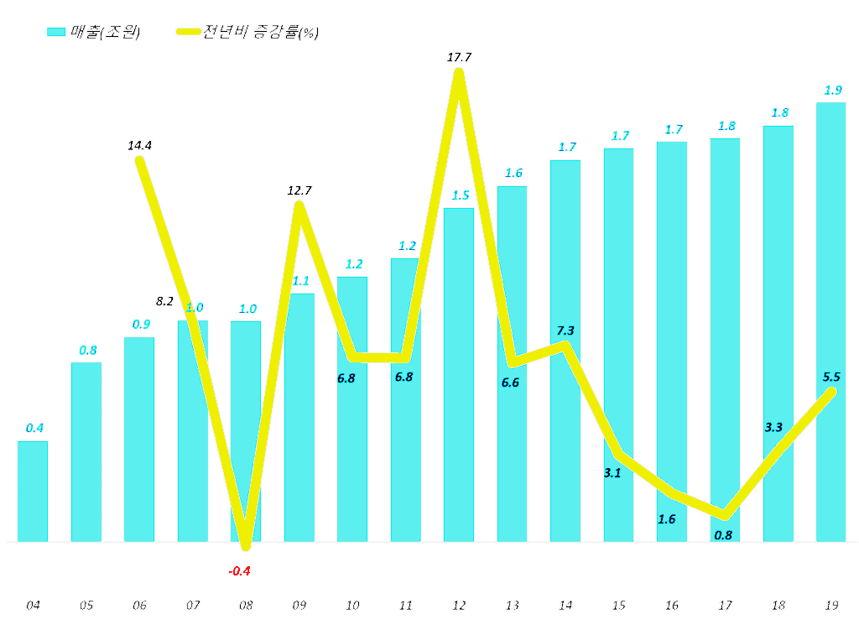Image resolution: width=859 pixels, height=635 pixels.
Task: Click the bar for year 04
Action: click(x=33, y=491)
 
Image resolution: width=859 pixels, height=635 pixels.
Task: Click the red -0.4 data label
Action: click(x=241, y=571)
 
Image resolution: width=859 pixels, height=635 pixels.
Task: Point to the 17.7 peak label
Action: click(x=461, y=58)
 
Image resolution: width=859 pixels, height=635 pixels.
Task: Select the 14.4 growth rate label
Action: click(x=140, y=145)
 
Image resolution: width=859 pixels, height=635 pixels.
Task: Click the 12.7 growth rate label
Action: click(x=299, y=190)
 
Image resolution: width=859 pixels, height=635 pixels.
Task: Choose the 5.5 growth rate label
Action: click(x=832, y=377)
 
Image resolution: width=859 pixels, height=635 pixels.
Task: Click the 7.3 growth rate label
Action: click(x=565, y=330)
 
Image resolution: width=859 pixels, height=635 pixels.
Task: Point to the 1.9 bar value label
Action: click(x=832, y=91)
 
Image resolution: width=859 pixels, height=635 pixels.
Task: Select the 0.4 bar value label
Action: click(x=34, y=428)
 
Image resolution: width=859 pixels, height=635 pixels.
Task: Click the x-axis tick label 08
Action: click(x=246, y=605)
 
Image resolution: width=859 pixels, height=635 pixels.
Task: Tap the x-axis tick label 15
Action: click(x=618, y=605)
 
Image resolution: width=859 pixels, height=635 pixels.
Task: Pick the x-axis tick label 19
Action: click(x=831, y=605)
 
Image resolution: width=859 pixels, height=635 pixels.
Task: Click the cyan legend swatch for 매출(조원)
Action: click(x=56, y=32)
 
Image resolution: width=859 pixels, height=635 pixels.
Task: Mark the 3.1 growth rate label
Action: click(x=612, y=473)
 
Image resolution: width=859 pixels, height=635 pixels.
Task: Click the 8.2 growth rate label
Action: click(x=165, y=301)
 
